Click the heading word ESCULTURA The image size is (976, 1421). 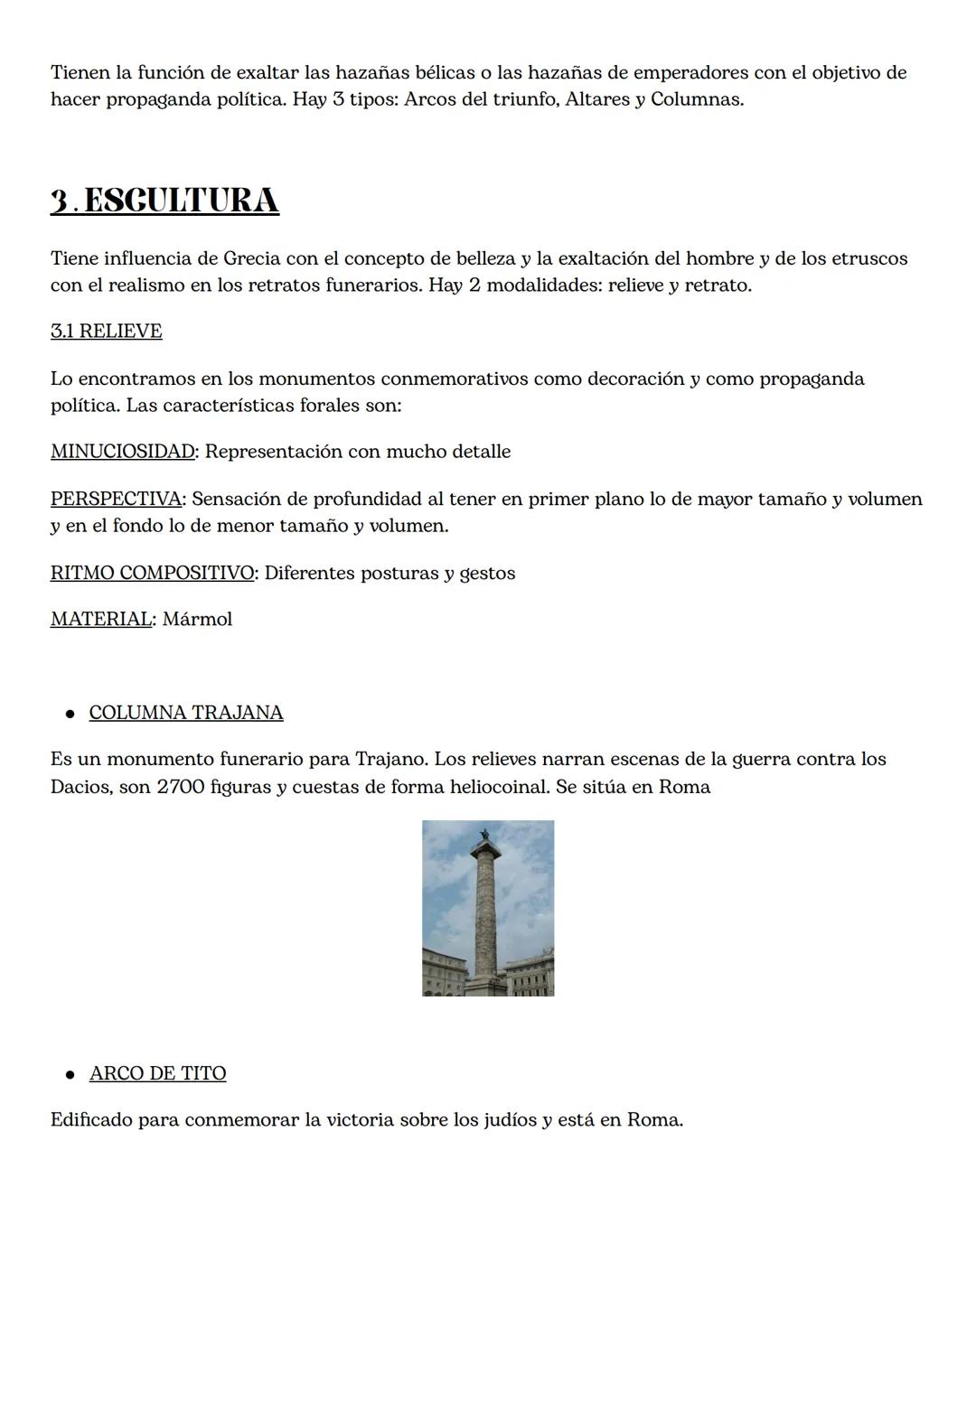coord(181,201)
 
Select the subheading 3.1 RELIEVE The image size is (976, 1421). coord(107,332)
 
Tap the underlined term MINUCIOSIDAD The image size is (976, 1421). coord(122,452)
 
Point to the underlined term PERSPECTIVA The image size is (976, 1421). coord(116,499)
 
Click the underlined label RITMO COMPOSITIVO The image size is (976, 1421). coord(152,574)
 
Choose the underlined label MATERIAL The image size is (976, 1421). coord(101,620)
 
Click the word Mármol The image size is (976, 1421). coord(197,620)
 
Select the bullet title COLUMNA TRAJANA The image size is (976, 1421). coord(186,713)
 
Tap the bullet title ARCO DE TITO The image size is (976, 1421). coord(158,1073)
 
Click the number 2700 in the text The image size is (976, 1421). coord(180,787)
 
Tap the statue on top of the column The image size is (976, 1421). coord(485,835)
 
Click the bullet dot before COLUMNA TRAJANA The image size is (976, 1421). coord(70,714)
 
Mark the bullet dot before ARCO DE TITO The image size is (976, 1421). coord(70,1074)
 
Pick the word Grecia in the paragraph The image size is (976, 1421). coord(251,259)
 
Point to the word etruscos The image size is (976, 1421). coord(868,259)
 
